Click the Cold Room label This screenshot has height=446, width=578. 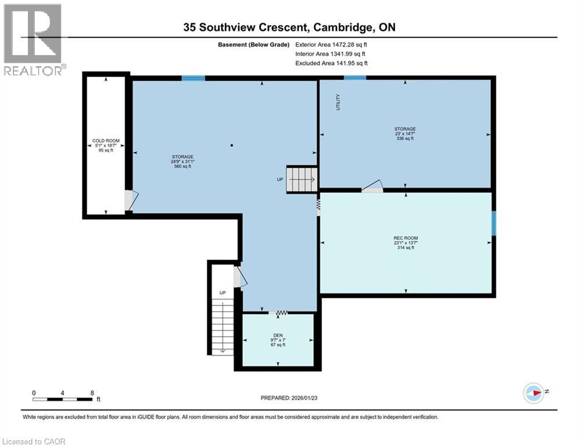coord(106,141)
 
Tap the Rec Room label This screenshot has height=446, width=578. coord(405,238)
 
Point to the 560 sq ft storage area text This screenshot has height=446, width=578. coord(182,166)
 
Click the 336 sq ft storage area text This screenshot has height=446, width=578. coord(405,138)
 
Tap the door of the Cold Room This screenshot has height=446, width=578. coord(131,201)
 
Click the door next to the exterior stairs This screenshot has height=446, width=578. coord(239,277)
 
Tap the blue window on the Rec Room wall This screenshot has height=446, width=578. coord(494,224)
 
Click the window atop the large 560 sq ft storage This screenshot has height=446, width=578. coord(193,78)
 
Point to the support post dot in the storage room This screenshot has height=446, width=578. coord(231,145)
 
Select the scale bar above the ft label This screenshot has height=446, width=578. coord(63,399)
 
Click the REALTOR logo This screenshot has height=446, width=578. coord(33,39)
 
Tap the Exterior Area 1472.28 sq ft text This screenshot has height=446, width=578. coord(331,44)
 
